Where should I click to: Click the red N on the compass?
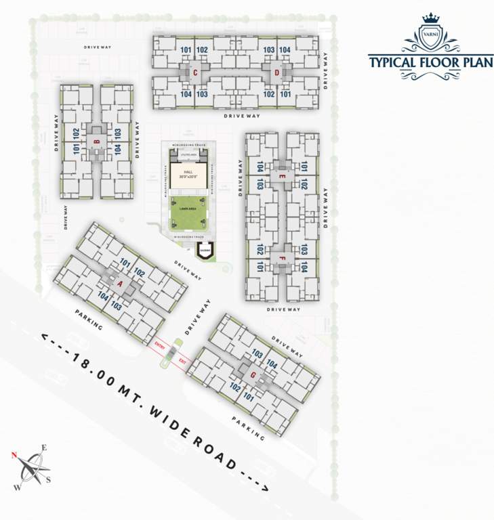(14, 455)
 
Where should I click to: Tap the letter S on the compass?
(49, 480)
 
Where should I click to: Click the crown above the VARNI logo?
(431, 18)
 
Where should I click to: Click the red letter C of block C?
(195, 72)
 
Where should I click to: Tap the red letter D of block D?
(276, 72)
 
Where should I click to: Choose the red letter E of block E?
(282, 176)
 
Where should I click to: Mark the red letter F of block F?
(282, 258)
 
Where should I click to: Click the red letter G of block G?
(253, 374)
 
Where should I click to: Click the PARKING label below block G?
(247, 428)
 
